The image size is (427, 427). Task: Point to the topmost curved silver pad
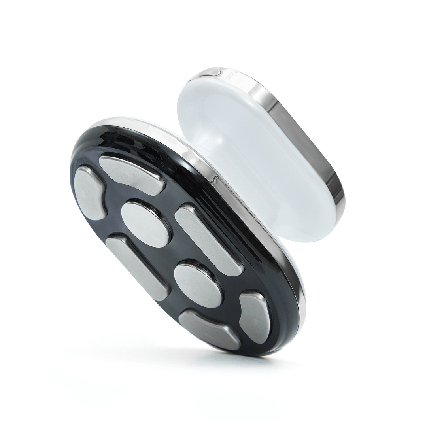click(131, 174)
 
